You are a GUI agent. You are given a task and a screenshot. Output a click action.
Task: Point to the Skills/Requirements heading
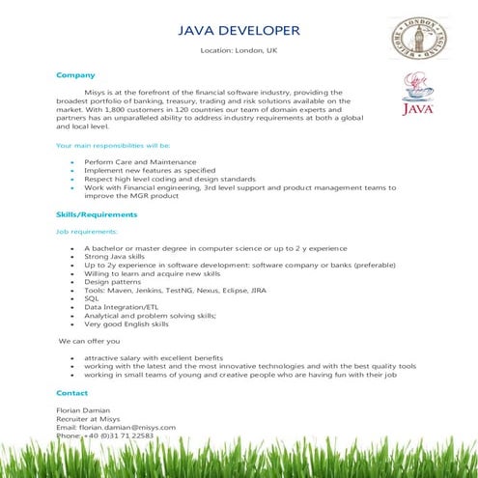coord(97,214)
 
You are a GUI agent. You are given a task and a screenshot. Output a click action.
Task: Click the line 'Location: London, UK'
coord(238,49)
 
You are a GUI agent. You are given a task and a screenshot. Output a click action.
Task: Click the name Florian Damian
coord(83,410)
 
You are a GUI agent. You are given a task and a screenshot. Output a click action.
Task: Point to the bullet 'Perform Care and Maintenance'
coord(140,161)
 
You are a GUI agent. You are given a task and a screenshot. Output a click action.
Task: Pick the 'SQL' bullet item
coord(92,298)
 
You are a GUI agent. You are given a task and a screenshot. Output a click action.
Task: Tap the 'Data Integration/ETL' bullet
coord(123,307)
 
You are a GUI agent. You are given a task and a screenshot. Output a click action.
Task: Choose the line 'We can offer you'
coord(90,341)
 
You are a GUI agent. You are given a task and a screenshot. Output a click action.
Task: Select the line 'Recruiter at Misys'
coord(88,419)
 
